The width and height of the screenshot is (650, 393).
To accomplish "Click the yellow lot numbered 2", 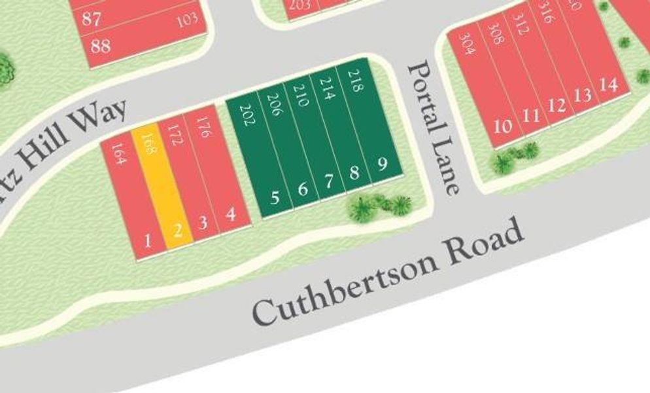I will [x=177, y=230].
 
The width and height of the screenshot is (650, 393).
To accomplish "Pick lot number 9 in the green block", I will [x=382, y=162].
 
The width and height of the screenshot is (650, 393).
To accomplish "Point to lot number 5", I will [x=275, y=196].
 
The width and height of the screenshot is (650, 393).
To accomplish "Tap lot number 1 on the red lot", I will [x=146, y=241].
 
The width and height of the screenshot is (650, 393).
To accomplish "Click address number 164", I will [x=118, y=153].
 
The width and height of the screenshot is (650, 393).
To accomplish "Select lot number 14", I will [x=608, y=85].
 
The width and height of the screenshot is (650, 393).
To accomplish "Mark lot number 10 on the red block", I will [x=502, y=125].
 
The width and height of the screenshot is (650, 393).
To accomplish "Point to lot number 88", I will [x=101, y=46].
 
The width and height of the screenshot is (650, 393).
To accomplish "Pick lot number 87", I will [x=92, y=19].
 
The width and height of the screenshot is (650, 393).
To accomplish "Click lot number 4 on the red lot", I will [x=230, y=214].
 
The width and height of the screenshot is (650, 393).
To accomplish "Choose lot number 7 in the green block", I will [x=328, y=181].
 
